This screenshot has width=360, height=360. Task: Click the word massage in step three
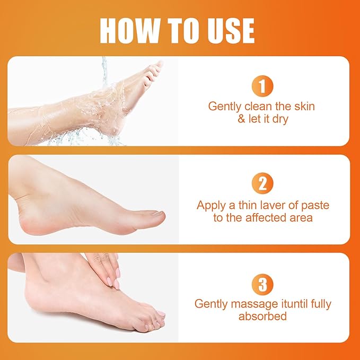pyautogui.click(x=250, y=304)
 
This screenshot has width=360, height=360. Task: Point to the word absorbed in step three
pyautogui.click(x=262, y=317)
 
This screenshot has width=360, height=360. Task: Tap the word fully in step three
pyautogui.click(x=318, y=304)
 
